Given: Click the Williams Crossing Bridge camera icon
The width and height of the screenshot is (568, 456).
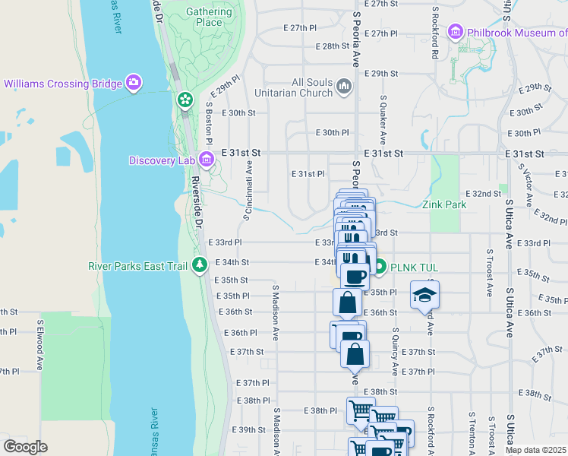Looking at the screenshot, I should pos(134,82).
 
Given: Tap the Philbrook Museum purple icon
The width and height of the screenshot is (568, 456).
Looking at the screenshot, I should pos(456,33).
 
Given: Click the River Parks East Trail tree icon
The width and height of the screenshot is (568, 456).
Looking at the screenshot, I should pos(200,265).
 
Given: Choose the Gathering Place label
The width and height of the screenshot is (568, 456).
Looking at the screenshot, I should pos(209,17).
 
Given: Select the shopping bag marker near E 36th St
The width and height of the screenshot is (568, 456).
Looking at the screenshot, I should pos(347,302).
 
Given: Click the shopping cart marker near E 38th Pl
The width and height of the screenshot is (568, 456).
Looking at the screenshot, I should pos(361,410).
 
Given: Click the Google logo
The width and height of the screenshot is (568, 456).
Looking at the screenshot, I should pos(25,447).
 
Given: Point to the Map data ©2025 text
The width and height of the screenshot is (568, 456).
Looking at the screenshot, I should pos(535,450).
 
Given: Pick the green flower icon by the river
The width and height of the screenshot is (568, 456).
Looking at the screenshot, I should pos(185,100).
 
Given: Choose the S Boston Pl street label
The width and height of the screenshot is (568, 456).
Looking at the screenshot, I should pos(209,120).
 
